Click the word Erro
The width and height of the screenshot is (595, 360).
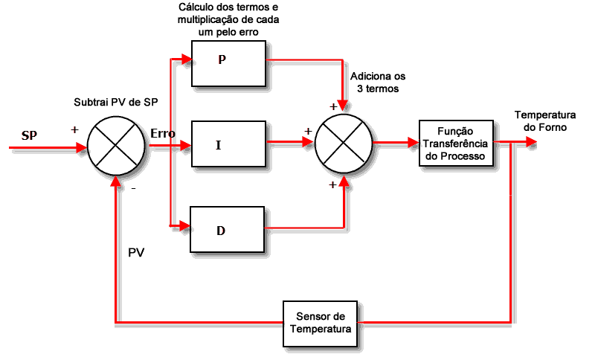[x=163, y=134]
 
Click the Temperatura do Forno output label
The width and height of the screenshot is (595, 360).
[x=545, y=121]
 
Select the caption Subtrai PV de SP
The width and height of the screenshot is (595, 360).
[x=116, y=101]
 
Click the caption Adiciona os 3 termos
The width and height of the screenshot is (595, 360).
[x=378, y=82]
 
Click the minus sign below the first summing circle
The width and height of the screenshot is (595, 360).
[x=133, y=189]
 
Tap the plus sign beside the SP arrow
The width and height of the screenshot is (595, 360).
[x=74, y=129]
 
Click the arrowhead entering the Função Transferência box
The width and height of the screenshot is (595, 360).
[x=412, y=142]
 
